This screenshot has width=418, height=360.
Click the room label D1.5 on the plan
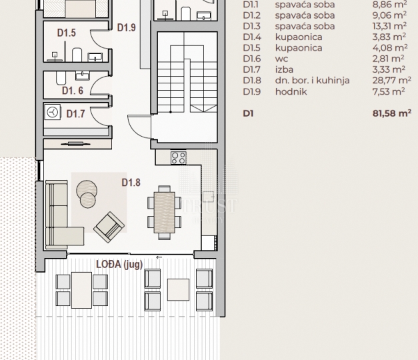pos(67,33)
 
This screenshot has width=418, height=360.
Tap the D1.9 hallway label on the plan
pos(127,27)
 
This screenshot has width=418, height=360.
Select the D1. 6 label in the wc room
pos(73,91)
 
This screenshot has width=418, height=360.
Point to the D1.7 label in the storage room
pos(76,114)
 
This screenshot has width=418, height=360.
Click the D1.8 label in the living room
pos(131,183)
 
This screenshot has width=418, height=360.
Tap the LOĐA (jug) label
pos(119,264)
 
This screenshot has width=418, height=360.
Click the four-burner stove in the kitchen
pos(179,157)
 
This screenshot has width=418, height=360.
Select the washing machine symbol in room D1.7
pos(53,112)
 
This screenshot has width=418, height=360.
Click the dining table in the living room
pos(165,212)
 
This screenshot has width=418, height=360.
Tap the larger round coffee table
pos(87,190)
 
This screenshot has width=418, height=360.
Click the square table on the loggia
pos(179,289)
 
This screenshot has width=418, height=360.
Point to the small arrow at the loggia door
pos(159,257)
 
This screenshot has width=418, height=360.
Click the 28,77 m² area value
pos(391,80)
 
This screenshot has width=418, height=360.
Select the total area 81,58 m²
pos(391,113)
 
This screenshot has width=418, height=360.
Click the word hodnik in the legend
pos(291,91)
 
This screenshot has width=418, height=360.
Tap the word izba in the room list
pos(284,69)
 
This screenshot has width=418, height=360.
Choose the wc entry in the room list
pos(281,59)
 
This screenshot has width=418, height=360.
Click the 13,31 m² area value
pos(389,26)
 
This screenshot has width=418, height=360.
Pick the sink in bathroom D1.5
pos(95,57)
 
